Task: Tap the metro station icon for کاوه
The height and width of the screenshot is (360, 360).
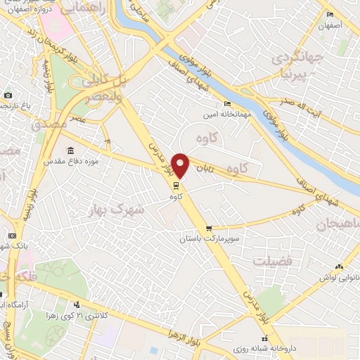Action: coord(175,186)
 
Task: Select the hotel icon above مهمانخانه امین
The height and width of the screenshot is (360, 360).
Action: coord(227,104)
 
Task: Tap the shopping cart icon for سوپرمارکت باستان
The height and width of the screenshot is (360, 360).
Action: coord(209,229)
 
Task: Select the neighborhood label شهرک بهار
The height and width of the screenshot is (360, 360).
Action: coord(116,209)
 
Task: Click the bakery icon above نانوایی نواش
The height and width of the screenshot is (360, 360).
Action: coord(340,266)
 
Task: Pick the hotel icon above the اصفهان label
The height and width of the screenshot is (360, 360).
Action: coord(329,15)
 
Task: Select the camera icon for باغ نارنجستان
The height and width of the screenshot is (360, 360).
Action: coord(7,95)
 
